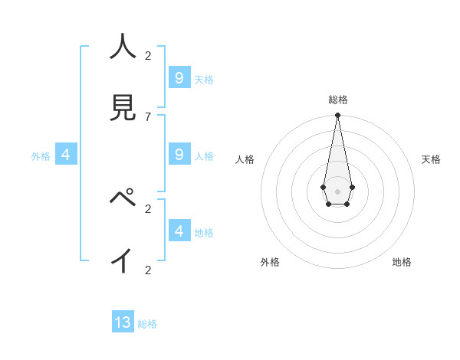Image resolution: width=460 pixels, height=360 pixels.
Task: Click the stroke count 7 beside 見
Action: point(147,116)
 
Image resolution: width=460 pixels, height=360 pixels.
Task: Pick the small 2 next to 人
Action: point(148,55)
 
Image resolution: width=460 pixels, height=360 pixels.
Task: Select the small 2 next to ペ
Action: point(148,208)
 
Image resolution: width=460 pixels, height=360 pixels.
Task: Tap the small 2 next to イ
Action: point(148,270)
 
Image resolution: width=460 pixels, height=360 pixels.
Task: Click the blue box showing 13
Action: point(123,322)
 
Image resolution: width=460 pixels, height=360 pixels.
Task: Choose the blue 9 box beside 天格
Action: point(179,77)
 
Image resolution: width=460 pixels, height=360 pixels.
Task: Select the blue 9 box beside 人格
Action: point(179,154)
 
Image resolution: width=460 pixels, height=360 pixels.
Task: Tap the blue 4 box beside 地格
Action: point(179,230)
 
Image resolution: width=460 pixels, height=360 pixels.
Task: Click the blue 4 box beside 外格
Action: point(66,154)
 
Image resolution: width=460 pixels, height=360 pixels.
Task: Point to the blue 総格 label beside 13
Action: point(147,324)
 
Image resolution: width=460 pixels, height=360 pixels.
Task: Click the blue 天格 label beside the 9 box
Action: point(204,80)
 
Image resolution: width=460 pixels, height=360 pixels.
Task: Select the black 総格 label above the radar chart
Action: point(338,100)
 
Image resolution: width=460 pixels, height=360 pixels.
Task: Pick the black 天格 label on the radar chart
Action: point(431,159)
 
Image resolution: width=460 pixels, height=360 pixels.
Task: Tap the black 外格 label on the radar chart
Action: point(270,262)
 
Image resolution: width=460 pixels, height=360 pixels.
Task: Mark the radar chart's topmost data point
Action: point(337,116)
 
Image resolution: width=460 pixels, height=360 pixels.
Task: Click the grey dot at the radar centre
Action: point(337,191)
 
